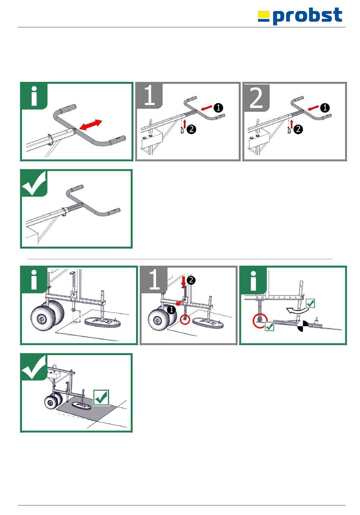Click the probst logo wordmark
click(x=308, y=16)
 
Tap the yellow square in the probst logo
click(x=263, y=15)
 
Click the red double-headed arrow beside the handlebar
click(x=90, y=125)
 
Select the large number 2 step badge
click(x=256, y=98)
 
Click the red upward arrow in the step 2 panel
click(x=292, y=124)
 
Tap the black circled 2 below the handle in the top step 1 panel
click(x=191, y=129)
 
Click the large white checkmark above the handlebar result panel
click(x=34, y=183)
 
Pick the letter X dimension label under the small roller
click(x=80, y=316)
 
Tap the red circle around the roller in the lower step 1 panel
click(x=185, y=319)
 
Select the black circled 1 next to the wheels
click(x=171, y=310)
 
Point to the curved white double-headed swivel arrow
click(x=298, y=311)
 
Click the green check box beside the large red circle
click(x=269, y=326)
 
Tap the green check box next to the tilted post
click(x=310, y=303)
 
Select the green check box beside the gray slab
click(x=101, y=398)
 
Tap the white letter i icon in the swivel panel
click(x=254, y=281)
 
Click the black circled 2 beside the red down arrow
click(x=191, y=280)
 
